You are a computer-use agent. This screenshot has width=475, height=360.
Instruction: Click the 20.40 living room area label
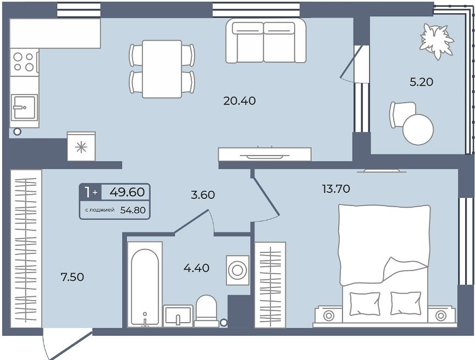pos(239,101)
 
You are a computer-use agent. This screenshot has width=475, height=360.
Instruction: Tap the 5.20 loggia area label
pos(421,82)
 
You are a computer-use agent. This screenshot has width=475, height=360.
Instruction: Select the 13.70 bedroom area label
pos(336,189)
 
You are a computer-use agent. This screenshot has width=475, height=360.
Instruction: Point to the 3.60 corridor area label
pos(203,195)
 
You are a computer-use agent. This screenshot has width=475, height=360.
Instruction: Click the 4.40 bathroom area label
pos(196,268)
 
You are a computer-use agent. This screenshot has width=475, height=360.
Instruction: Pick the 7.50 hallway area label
pos(73,277)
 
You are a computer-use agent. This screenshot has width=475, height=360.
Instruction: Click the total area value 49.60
pos(127,192)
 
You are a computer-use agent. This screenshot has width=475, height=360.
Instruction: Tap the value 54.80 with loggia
pos(133,210)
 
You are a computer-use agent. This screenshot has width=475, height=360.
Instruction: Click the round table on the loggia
pos(418,130)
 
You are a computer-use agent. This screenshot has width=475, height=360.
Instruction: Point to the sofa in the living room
pos(266,41)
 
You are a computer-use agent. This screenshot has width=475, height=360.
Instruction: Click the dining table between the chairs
pos(162,69)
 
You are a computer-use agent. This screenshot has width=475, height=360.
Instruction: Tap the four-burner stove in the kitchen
pos(24,62)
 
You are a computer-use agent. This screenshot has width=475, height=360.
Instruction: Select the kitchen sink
pos(25,107)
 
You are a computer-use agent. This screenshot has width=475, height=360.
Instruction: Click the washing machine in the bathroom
pos(237,270)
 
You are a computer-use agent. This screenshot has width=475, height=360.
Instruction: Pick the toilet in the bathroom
pos(206,311)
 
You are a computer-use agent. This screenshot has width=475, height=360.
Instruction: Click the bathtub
pos(145,284)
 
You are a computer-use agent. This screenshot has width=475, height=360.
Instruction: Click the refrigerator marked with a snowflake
pos(81,146)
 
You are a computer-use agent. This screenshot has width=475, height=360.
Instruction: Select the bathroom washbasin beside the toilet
pos(178,316)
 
